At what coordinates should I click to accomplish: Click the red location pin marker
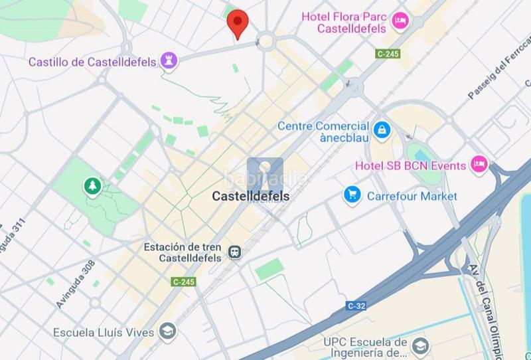[x=237, y=23]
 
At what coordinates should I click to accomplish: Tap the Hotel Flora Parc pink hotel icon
[x=400, y=21]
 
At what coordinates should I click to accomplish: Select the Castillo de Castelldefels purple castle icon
[x=169, y=62]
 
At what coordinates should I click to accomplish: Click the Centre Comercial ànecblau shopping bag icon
[x=381, y=130]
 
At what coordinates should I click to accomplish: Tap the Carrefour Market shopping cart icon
[x=352, y=195]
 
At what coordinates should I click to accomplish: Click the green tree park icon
[x=91, y=187]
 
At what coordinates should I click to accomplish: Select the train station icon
[x=234, y=251]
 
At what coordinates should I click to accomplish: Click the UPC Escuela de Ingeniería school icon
[x=419, y=345]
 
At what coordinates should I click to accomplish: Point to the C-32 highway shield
[x=355, y=306]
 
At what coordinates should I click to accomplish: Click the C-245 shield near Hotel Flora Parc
[x=388, y=54]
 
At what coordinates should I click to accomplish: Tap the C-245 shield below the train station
[x=183, y=282]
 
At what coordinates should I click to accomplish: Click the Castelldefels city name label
[x=251, y=196]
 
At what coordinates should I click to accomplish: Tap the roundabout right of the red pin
[x=266, y=42]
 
